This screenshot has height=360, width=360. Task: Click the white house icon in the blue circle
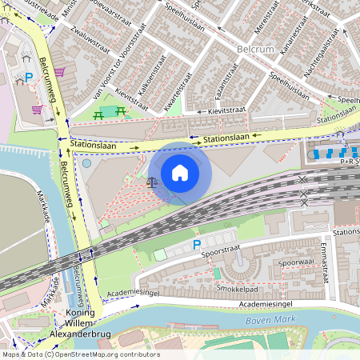coord(180,173)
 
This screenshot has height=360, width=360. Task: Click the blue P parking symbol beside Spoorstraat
coord(197,246)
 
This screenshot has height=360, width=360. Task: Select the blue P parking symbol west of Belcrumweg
coord(29,78)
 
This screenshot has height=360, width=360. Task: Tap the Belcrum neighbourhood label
coord(257,50)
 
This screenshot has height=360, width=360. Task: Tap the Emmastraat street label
coord(325,262)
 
